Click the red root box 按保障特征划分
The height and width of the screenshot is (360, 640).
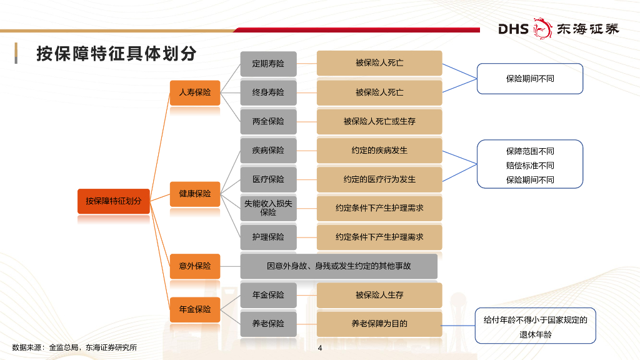click(x=114, y=201)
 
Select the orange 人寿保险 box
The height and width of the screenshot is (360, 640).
click(x=195, y=92)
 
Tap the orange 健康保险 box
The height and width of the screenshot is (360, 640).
click(x=195, y=194)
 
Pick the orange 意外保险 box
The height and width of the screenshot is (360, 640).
click(x=195, y=266)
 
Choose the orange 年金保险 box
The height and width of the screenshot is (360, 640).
click(x=195, y=309)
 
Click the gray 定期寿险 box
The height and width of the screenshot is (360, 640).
click(x=268, y=63)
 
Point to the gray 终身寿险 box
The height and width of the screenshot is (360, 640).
click(x=268, y=92)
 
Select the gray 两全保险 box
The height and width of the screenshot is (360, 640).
click(x=268, y=121)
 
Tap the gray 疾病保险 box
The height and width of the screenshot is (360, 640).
click(x=268, y=151)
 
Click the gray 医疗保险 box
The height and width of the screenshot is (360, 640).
click(x=268, y=179)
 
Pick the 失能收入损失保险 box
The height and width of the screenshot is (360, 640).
click(x=268, y=208)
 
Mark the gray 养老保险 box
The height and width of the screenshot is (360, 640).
click(x=268, y=324)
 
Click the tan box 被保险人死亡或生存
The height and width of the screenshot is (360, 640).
click(x=379, y=121)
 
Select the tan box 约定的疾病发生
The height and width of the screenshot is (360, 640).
click(x=379, y=151)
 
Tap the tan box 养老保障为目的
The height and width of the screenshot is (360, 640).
click(x=379, y=324)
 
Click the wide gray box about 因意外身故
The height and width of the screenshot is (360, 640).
click(x=339, y=266)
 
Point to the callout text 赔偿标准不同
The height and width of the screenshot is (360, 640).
click(x=530, y=166)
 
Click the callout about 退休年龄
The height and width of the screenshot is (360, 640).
click(x=536, y=326)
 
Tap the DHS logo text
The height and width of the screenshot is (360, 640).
click(x=513, y=29)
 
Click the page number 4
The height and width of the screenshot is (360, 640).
click(x=320, y=348)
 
